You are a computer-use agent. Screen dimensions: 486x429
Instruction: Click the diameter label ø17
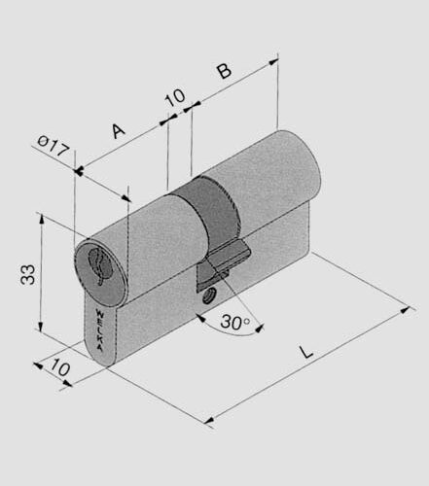pyautogui.click(x=54, y=148)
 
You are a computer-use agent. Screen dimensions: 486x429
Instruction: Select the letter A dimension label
pyautogui.click(x=119, y=129)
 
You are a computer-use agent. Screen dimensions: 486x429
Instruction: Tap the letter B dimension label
pyautogui.click(x=223, y=71)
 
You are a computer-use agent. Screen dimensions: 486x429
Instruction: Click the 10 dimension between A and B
pyautogui.click(x=175, y=97)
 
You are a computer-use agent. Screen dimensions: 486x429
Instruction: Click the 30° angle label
pyautogui.click(x=234, y=322)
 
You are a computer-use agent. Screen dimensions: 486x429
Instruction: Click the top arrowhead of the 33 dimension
pyautogui.click(x=41, y=219)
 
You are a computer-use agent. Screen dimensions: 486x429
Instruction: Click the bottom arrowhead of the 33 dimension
pyautogui.click(x=41, y=329)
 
